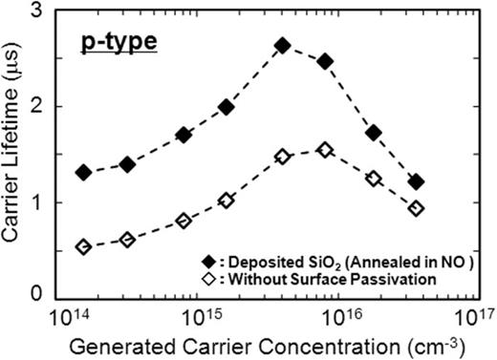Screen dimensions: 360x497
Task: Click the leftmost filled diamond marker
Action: (x=83, y=173)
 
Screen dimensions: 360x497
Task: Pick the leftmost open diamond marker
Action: (x=83, y=247)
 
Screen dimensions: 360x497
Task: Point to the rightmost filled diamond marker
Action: (x=416, y=181)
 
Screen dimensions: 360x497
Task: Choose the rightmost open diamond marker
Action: (x=416, y=208)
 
